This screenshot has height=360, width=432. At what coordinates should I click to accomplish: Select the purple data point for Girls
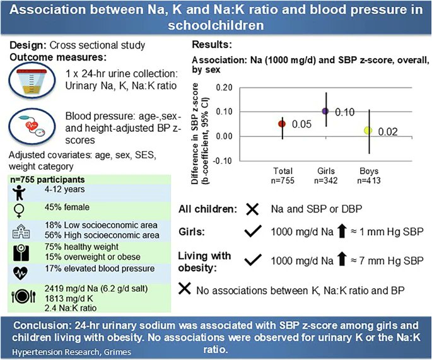pyautogui.click(x=325, y=111)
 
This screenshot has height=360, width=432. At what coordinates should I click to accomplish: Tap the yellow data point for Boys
pyautogui.click(x=368, y=131)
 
